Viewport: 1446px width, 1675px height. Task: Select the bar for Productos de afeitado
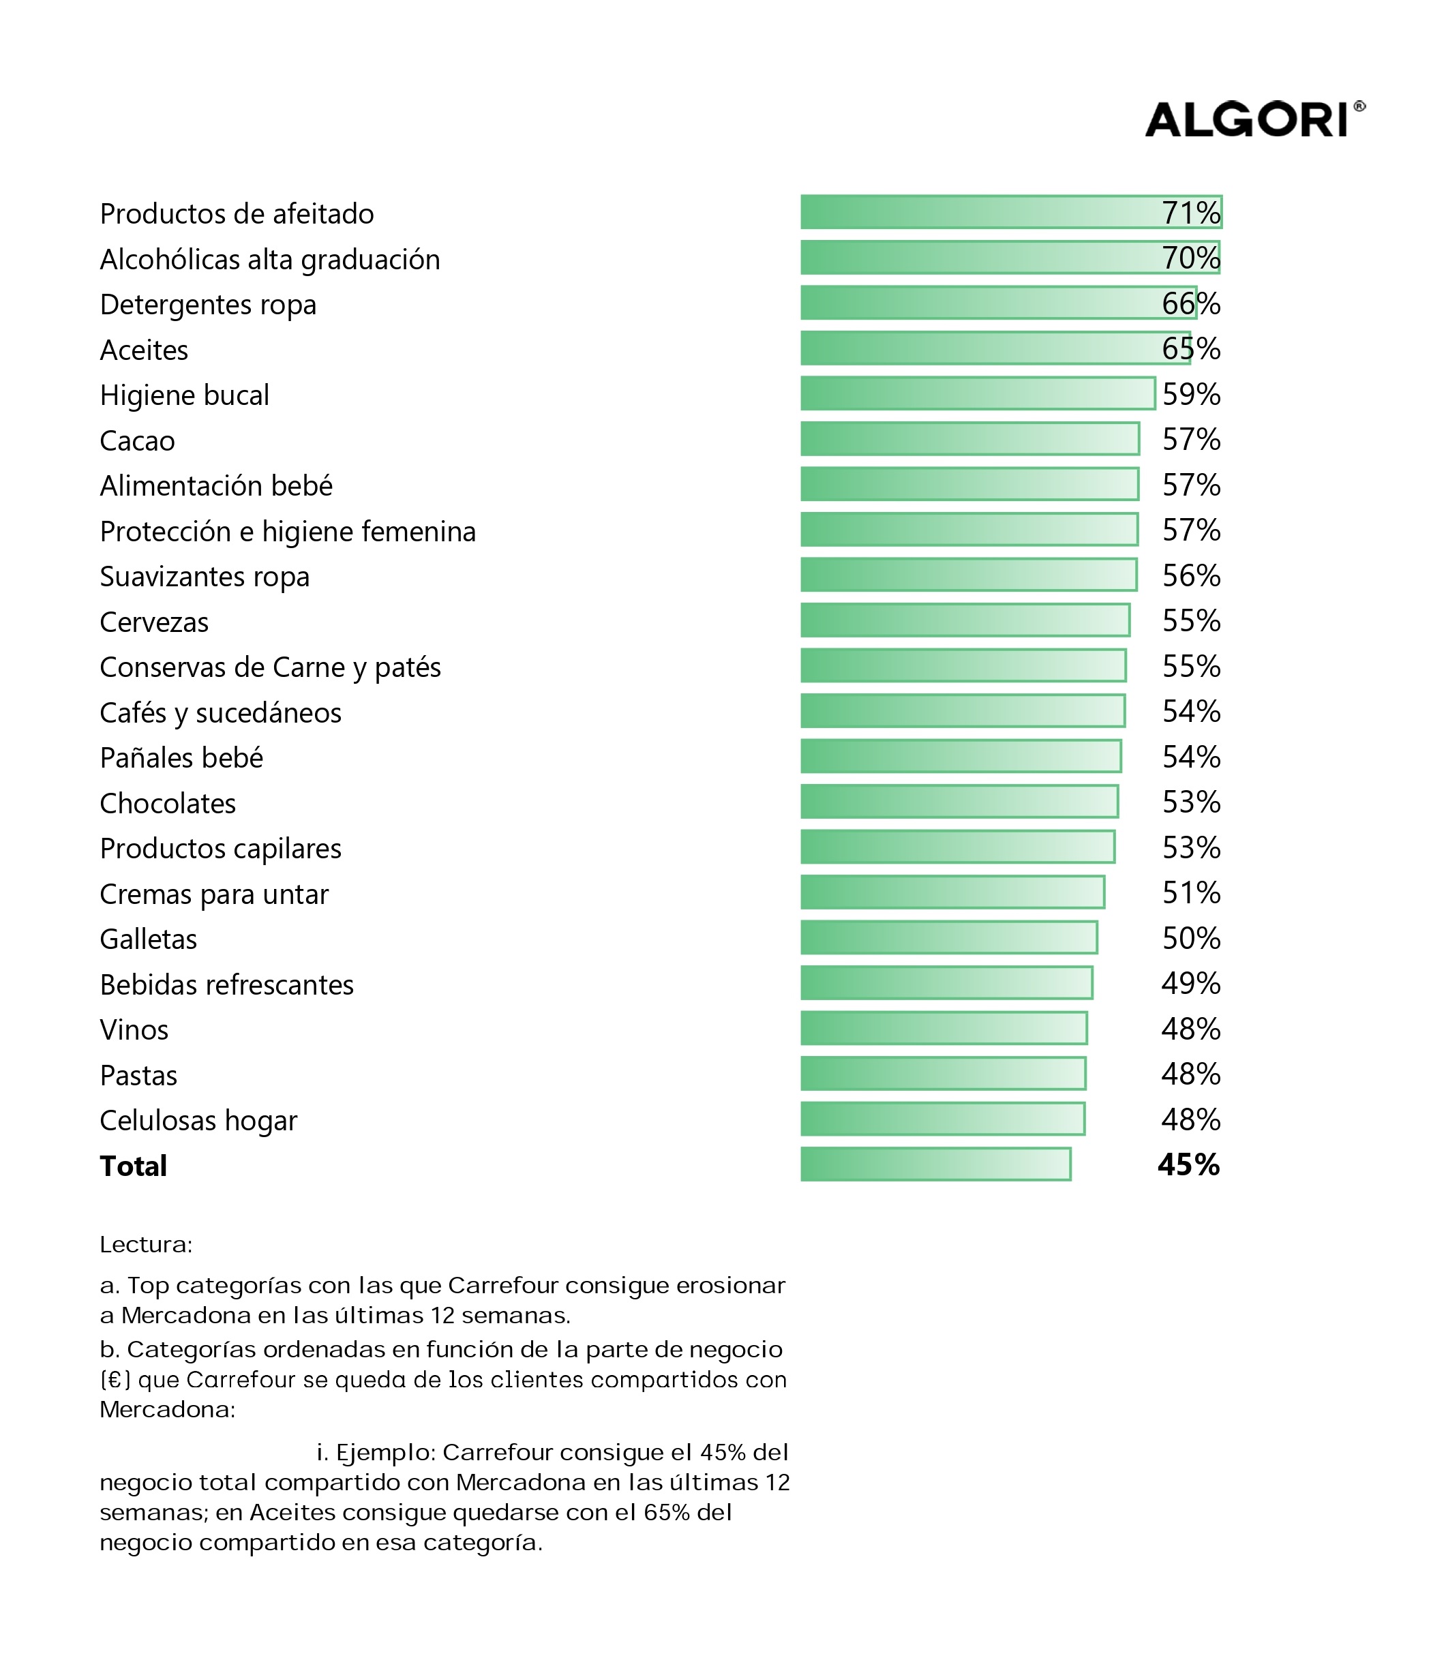(1011, 212)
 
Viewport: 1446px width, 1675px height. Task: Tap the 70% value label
(1190, 258)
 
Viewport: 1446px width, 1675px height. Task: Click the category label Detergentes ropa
(208, 305)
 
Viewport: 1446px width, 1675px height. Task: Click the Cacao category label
(138, 440)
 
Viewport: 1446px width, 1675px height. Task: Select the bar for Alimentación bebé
(970, 483)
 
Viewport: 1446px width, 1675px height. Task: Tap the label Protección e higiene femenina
(288, 531)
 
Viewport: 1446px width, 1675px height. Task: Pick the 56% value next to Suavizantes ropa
(1190, 575)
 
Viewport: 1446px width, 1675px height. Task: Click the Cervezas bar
(965, 619)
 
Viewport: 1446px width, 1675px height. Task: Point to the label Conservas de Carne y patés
(270, 667)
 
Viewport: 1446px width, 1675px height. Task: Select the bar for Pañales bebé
(961, 755)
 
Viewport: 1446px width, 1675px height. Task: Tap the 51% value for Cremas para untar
(1190, 892)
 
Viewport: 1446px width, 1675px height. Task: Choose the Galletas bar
(949, 936)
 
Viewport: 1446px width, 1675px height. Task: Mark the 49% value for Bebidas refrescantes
(1190, 982)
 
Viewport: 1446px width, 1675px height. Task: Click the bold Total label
(134, 1165)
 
